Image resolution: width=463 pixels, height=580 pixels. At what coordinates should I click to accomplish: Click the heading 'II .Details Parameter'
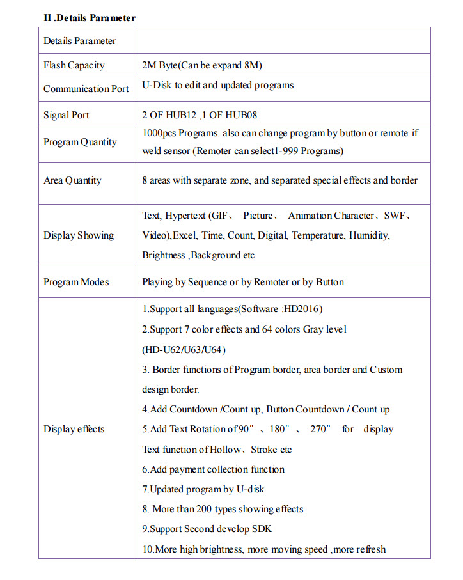90,18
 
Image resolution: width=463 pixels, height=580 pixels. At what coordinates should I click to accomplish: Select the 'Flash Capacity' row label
74,65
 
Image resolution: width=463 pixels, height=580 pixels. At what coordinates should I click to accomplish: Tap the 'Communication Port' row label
86,89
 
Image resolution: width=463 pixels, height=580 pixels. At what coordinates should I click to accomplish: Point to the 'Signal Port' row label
66,115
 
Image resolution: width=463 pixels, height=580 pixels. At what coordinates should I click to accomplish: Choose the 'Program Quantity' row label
80,142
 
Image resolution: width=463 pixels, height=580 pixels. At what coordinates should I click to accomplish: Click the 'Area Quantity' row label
72,180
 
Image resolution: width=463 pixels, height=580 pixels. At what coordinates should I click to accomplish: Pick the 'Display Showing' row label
79,235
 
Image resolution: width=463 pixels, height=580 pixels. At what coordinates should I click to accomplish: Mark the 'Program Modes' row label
76,282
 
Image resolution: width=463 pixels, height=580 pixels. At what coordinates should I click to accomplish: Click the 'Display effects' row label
74,429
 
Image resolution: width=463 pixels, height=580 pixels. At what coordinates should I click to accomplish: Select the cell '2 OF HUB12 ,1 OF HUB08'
200,115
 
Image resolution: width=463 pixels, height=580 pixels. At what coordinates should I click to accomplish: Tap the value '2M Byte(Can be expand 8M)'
202,65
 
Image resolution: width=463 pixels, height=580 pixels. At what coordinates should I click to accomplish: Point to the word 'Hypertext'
185,216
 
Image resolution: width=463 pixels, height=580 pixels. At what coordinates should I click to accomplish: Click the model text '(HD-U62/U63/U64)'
184,350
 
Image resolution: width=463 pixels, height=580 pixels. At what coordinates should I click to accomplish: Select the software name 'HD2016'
301,310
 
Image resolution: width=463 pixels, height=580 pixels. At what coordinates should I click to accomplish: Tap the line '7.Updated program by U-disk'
203,489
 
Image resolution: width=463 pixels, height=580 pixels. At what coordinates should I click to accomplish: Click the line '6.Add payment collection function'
213,469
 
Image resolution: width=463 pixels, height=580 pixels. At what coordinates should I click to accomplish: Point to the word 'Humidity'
368,235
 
